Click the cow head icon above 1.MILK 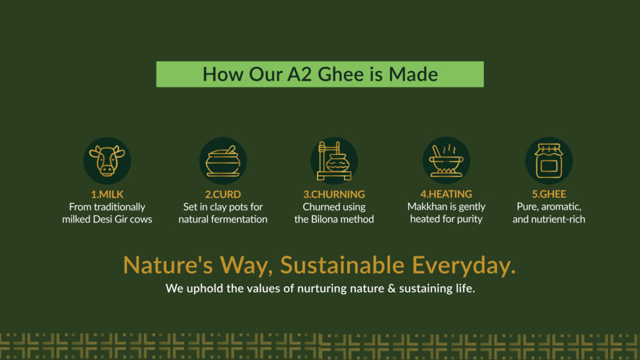107,161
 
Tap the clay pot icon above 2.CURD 223,161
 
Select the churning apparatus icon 334,161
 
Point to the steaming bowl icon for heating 446,161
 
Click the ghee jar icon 549,161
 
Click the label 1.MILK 107,194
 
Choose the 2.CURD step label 223,194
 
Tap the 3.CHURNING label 334,194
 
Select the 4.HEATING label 446,194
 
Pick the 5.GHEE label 549,194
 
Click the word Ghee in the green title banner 341,74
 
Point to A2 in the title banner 299,74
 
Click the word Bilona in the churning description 324,219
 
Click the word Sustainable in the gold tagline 342,265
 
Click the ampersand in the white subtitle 391,289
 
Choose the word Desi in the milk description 102,219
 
